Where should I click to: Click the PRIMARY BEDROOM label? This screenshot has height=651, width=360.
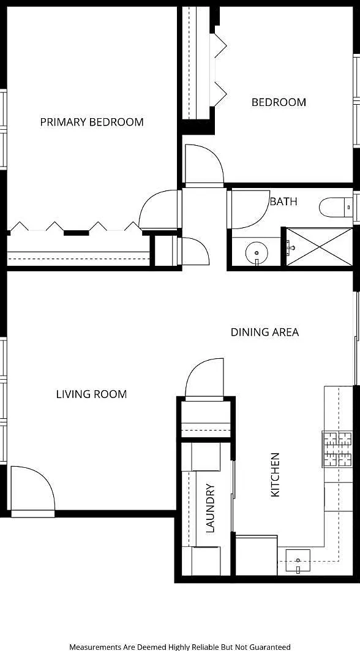click(x=92, y=122)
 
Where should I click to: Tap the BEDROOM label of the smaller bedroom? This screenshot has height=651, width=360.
click(x=279, y=102)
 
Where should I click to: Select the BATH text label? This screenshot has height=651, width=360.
click(x=283, y=201)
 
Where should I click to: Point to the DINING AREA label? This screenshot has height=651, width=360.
click(x=264, y=332)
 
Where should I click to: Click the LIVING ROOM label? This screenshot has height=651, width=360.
click(x=91, y=394)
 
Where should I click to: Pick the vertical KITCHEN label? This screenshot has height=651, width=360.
click(x=276, y=475)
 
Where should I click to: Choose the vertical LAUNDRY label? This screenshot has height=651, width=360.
click(x=211, y=508)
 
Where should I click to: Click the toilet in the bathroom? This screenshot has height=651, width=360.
click(x=336, y=207)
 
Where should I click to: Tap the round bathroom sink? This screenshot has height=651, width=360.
click(x=257, y=252)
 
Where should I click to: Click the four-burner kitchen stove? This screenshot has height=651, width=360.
click(x=338, y=449)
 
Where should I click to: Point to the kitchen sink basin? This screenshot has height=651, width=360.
click(x=298, y=560)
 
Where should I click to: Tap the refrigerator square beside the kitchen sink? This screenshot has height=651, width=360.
click(x=256, y=555)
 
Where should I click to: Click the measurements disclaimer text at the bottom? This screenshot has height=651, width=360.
click(x=180, y=647)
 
